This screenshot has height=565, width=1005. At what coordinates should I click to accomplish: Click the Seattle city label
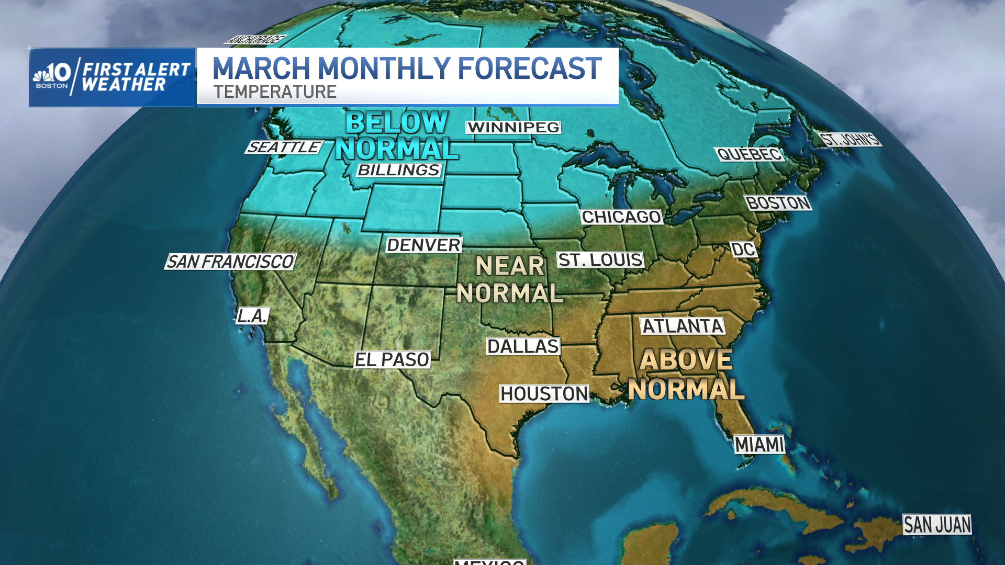pos(284,147)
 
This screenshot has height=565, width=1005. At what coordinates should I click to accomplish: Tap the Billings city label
pos(399,170)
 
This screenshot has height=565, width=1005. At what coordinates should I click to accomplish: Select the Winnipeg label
pos(513,127)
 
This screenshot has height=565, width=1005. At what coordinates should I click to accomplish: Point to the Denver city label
pos(423,245)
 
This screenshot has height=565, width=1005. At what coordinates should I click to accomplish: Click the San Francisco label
pos(230,262)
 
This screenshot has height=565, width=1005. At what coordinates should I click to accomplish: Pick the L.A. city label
pos(253,315)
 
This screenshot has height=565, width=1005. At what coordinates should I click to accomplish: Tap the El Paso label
pos(392,359)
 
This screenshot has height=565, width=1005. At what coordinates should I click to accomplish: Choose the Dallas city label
pos(523,346)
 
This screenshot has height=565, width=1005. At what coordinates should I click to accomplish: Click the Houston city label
pos(544,393)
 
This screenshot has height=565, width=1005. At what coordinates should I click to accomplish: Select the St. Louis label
pos(600,259)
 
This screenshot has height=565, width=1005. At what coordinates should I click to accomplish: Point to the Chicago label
pos(621,217)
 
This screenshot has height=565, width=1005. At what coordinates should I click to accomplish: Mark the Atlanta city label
pos(683,326)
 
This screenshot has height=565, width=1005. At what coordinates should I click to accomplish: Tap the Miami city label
pos(759,445)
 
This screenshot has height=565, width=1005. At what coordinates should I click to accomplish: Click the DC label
pos(743,250)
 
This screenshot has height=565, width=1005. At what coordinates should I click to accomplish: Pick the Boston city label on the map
pos(778,202)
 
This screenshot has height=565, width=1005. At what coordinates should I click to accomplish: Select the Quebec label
pos(749,154)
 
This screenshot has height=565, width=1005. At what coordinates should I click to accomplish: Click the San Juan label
pos(937,524)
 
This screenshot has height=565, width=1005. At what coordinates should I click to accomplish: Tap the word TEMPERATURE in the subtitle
pos(275,92)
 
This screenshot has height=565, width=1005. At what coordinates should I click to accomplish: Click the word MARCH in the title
pos(261,69)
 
